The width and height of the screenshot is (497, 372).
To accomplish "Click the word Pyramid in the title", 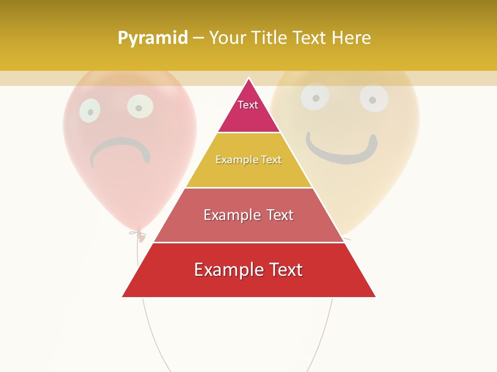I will coord(152,38).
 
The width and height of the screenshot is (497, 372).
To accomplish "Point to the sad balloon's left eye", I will coord(90,111).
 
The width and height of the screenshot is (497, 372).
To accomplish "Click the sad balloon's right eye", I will coord(140,106).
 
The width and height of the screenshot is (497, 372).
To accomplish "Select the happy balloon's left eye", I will coord(315,97).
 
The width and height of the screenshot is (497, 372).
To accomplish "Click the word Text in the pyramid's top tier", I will coord(248,105).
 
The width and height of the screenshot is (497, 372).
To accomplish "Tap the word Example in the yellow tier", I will coord(232,160).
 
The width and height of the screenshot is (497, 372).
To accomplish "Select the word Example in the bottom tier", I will coord(223,270).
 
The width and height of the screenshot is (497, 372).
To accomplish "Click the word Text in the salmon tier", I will coord(280,215).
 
